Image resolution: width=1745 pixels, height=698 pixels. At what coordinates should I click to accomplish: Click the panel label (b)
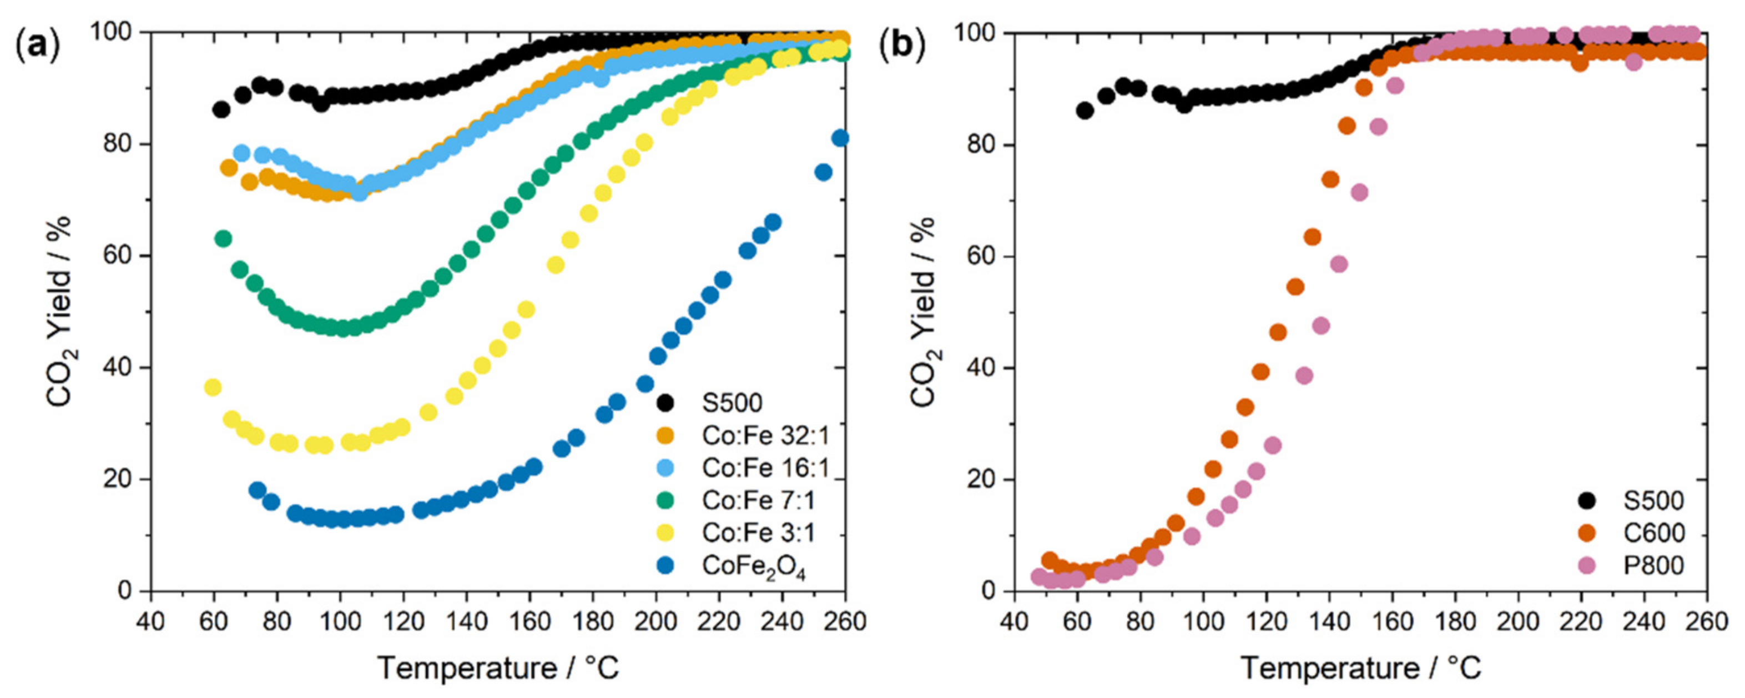pos(901,46)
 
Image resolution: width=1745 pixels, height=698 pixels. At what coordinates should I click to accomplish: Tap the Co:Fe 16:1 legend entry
pos(765,468)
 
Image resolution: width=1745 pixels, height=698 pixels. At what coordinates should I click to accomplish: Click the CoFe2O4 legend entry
pos(753,565)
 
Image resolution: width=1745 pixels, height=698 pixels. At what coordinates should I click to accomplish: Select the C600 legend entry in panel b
pos(1653,533)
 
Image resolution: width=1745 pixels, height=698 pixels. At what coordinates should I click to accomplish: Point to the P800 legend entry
pos(1653,565)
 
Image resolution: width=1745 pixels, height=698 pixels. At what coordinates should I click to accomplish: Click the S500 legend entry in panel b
pos(1653,500)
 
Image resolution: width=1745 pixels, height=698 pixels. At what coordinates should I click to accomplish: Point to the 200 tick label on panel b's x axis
pos(1518,621)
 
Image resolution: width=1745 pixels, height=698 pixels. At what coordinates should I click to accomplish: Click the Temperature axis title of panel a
pos(498,668)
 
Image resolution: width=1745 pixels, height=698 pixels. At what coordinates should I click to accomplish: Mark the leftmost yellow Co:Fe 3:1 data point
pos(213,388)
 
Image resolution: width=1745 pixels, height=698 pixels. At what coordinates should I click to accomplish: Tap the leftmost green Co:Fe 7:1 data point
pos(223,239)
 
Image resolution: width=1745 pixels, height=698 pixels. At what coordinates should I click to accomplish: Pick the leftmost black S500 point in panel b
pos(1085,111)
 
